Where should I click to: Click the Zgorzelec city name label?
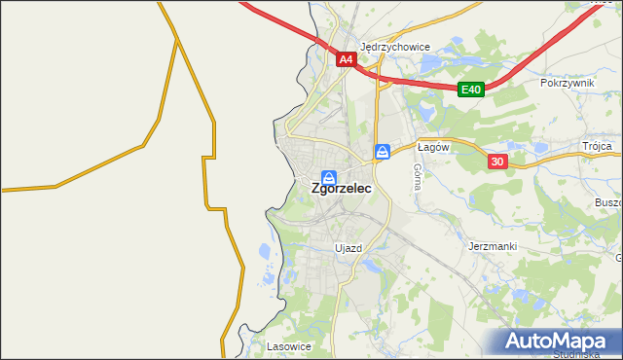click(340, 192)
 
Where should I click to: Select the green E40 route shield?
click(471, 90)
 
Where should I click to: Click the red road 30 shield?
click(497, 162)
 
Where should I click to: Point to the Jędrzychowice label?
click(394, 46)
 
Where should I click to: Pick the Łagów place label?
click(431, 147)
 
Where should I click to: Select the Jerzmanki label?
click(492, 247)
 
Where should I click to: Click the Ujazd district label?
click(348, 248)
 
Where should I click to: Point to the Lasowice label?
click(288, 345)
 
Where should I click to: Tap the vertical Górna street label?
click(417, 176)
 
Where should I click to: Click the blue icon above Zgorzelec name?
click(329, 177)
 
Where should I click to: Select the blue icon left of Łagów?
click(383, 151)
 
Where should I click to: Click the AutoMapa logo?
click(559, 342)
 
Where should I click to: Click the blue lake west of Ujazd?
click(267, 254)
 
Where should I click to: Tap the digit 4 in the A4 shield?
click(349, 59)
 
